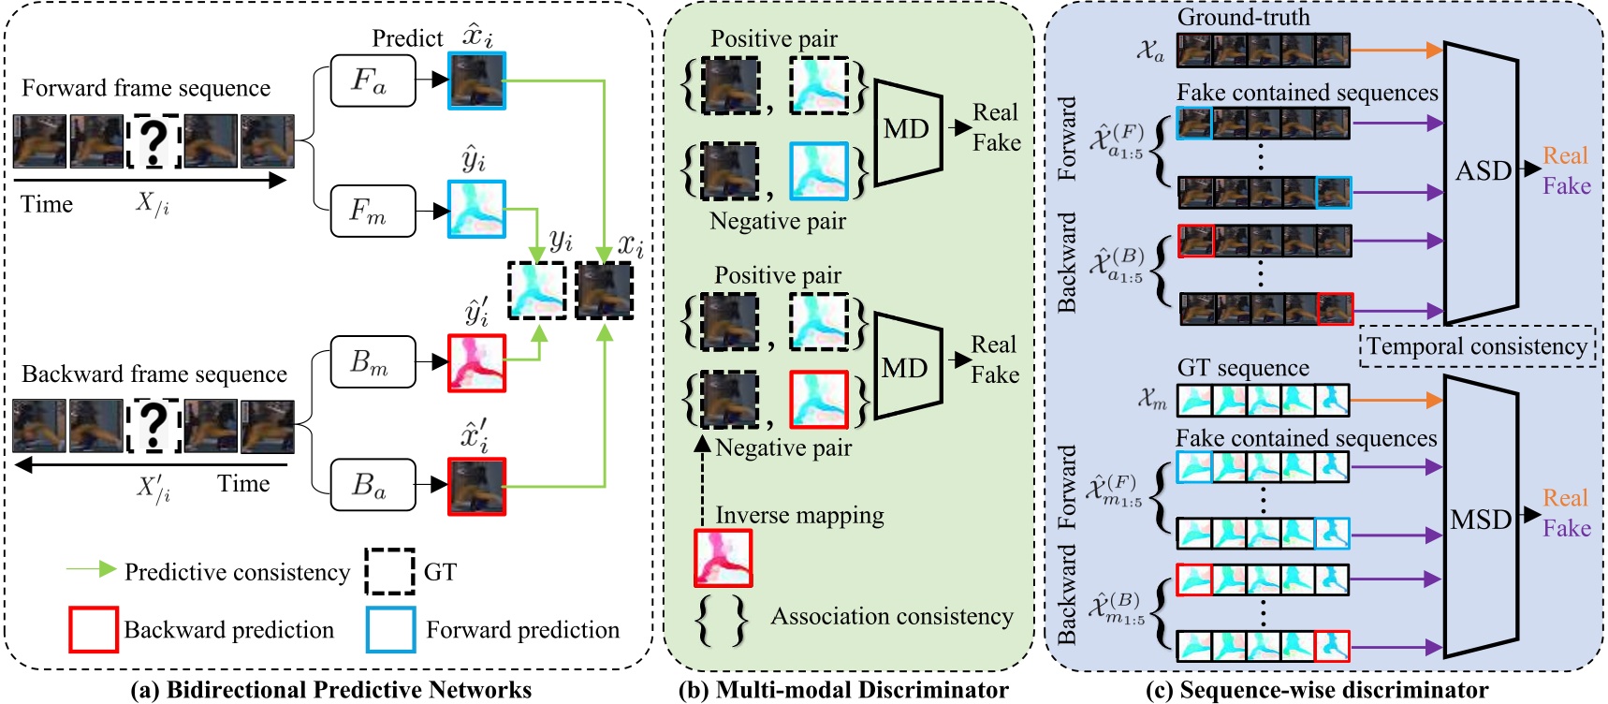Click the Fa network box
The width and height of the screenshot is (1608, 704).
pos(373,81)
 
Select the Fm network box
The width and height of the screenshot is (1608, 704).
pos(373,211)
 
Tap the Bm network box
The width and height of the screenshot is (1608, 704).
pos(373,361)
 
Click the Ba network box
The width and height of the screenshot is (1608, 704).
pos(373,484)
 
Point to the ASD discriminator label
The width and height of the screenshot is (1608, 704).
pos(1484,171)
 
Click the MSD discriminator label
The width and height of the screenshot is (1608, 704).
pos(1481,520)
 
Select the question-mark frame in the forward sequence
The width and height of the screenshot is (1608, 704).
pos(154,141)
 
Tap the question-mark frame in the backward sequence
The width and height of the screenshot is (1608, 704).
pos(154,426)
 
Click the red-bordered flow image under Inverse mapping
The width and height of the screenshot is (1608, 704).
pos(723,558)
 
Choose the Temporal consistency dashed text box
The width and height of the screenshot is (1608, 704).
pos(1477,346)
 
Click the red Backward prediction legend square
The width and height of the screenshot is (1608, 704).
pos(93,629)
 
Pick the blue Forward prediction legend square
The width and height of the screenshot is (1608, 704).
pos(390,629)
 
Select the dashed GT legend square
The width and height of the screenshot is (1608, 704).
pos(389,571)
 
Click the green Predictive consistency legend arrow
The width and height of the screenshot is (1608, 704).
pos(91,570)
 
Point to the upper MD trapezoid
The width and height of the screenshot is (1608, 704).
pos(907,129)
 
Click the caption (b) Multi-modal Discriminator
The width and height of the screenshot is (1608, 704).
pos(842,691)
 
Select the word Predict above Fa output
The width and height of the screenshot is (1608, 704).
pos(407,38)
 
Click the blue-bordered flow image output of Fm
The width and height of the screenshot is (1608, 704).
pos(476,209)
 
